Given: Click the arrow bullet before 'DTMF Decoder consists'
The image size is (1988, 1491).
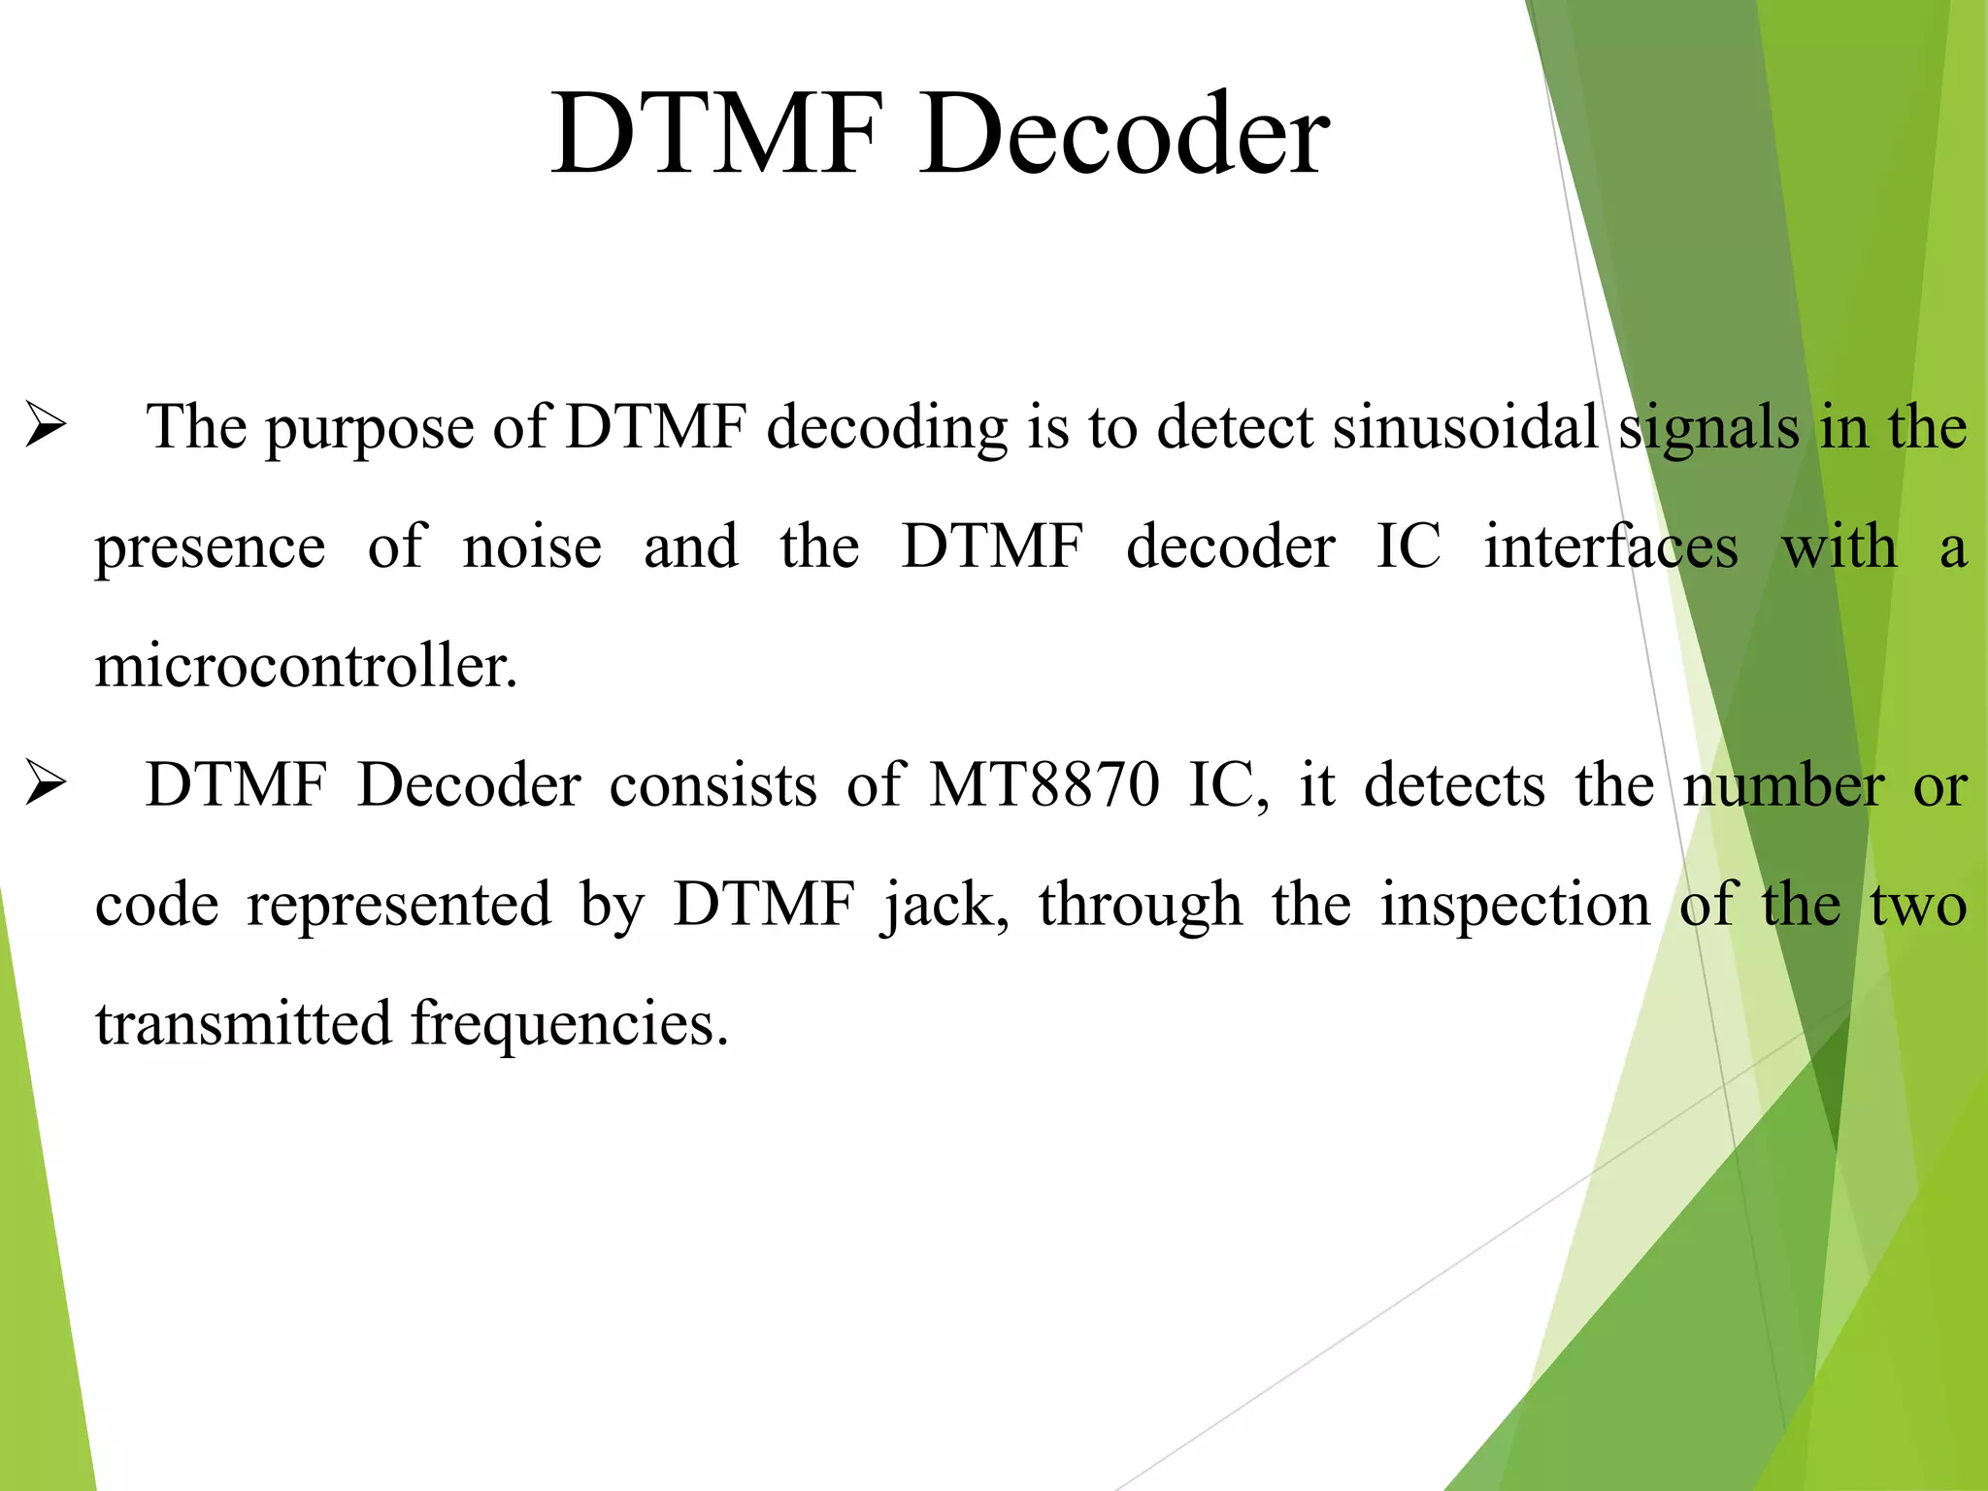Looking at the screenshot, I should pos(46,784).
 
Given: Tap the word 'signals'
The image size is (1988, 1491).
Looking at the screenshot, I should pos(1709,429).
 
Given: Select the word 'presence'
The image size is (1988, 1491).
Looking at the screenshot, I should pos(210,549).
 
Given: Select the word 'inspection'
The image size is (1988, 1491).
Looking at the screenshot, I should pos(1515,906).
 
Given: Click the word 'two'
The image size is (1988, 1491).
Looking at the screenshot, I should pos(1919,906).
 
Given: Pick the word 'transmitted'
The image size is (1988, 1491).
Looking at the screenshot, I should pos(243,1024).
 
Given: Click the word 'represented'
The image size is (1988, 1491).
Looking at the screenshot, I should pos(399,906).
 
